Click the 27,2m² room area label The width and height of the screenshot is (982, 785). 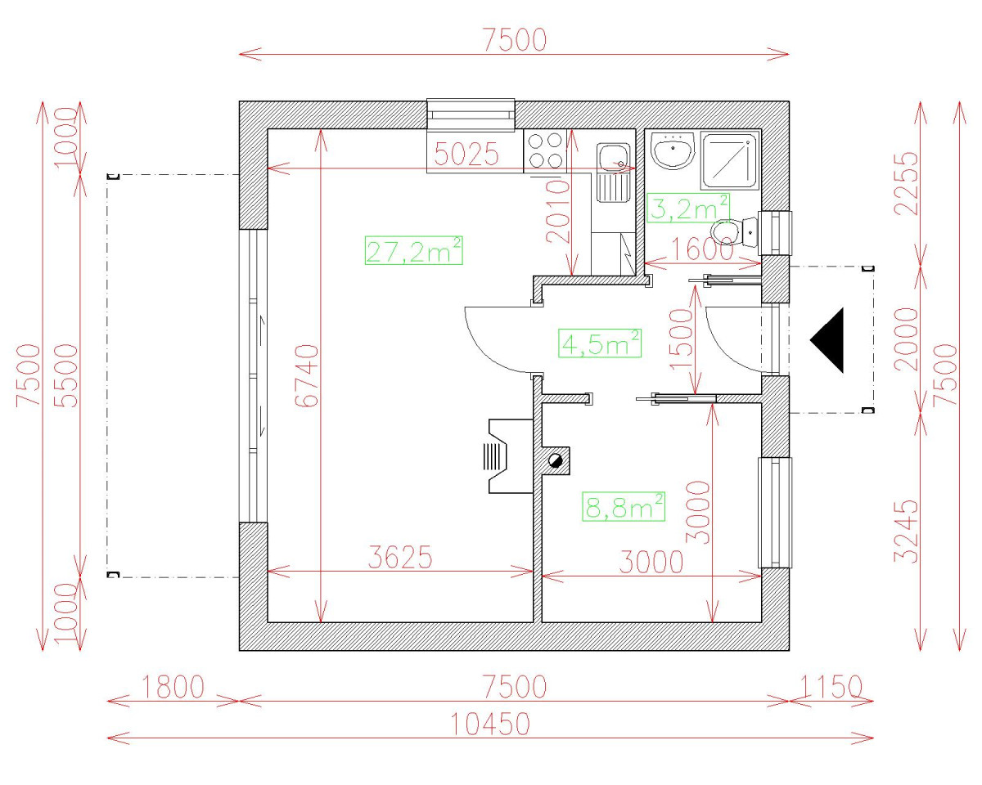tap(414, 250)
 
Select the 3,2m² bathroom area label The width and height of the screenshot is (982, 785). tap(687, 208)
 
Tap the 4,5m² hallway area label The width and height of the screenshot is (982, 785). tap(599, 343)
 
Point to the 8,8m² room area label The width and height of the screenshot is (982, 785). tap(624, 507)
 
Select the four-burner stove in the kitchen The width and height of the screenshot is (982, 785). tap(545, 150)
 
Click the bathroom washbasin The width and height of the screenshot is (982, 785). tap(673, 150)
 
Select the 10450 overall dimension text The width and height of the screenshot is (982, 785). tap(490, 724)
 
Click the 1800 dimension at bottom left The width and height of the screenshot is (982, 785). tap(173, 687)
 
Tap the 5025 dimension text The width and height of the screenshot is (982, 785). tap(466, 155)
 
